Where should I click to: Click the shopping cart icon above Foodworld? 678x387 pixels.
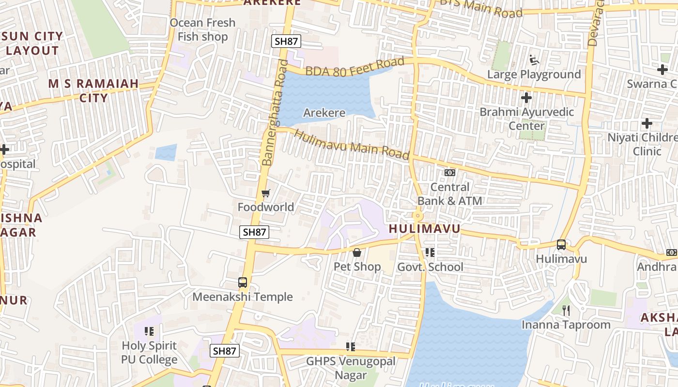point(265,193)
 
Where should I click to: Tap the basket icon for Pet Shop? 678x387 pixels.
point(357,253)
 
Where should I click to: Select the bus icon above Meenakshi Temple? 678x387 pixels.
point(243,283)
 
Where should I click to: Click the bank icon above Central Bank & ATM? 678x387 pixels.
point(450,173)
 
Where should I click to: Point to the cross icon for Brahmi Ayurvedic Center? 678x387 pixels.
point(526,98)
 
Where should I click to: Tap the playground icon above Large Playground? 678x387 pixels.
point(535,60)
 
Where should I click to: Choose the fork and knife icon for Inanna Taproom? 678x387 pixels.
point(566,310)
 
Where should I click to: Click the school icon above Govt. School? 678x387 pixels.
point(430,253)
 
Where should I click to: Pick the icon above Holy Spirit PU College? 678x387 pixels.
point(149,331)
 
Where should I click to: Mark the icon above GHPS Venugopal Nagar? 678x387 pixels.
point(351,346)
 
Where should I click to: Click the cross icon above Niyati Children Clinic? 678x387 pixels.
point(647,123)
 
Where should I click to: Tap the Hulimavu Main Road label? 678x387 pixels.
point(352,144)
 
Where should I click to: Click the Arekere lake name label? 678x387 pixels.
point(324,113)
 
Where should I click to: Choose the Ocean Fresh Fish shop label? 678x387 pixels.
point(202,30)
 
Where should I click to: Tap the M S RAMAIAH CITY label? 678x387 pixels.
point(93,90)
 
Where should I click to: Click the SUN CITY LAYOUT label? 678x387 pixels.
point(32,43)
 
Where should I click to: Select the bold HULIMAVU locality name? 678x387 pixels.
point(424,229)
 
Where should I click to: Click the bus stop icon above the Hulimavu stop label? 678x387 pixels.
point(561,245)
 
